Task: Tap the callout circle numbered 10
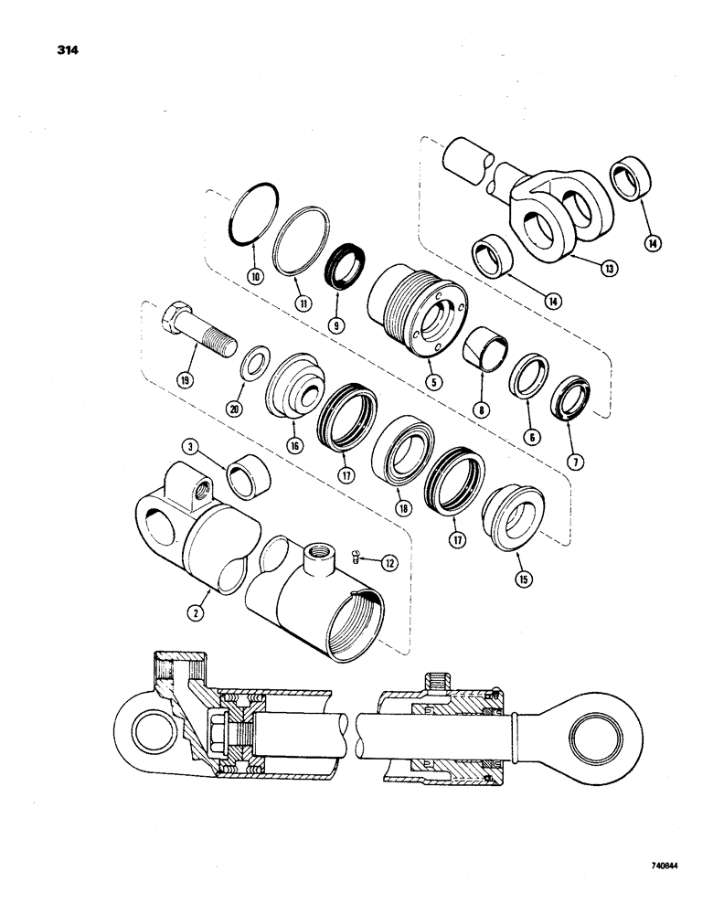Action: (x=254, y=275)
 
